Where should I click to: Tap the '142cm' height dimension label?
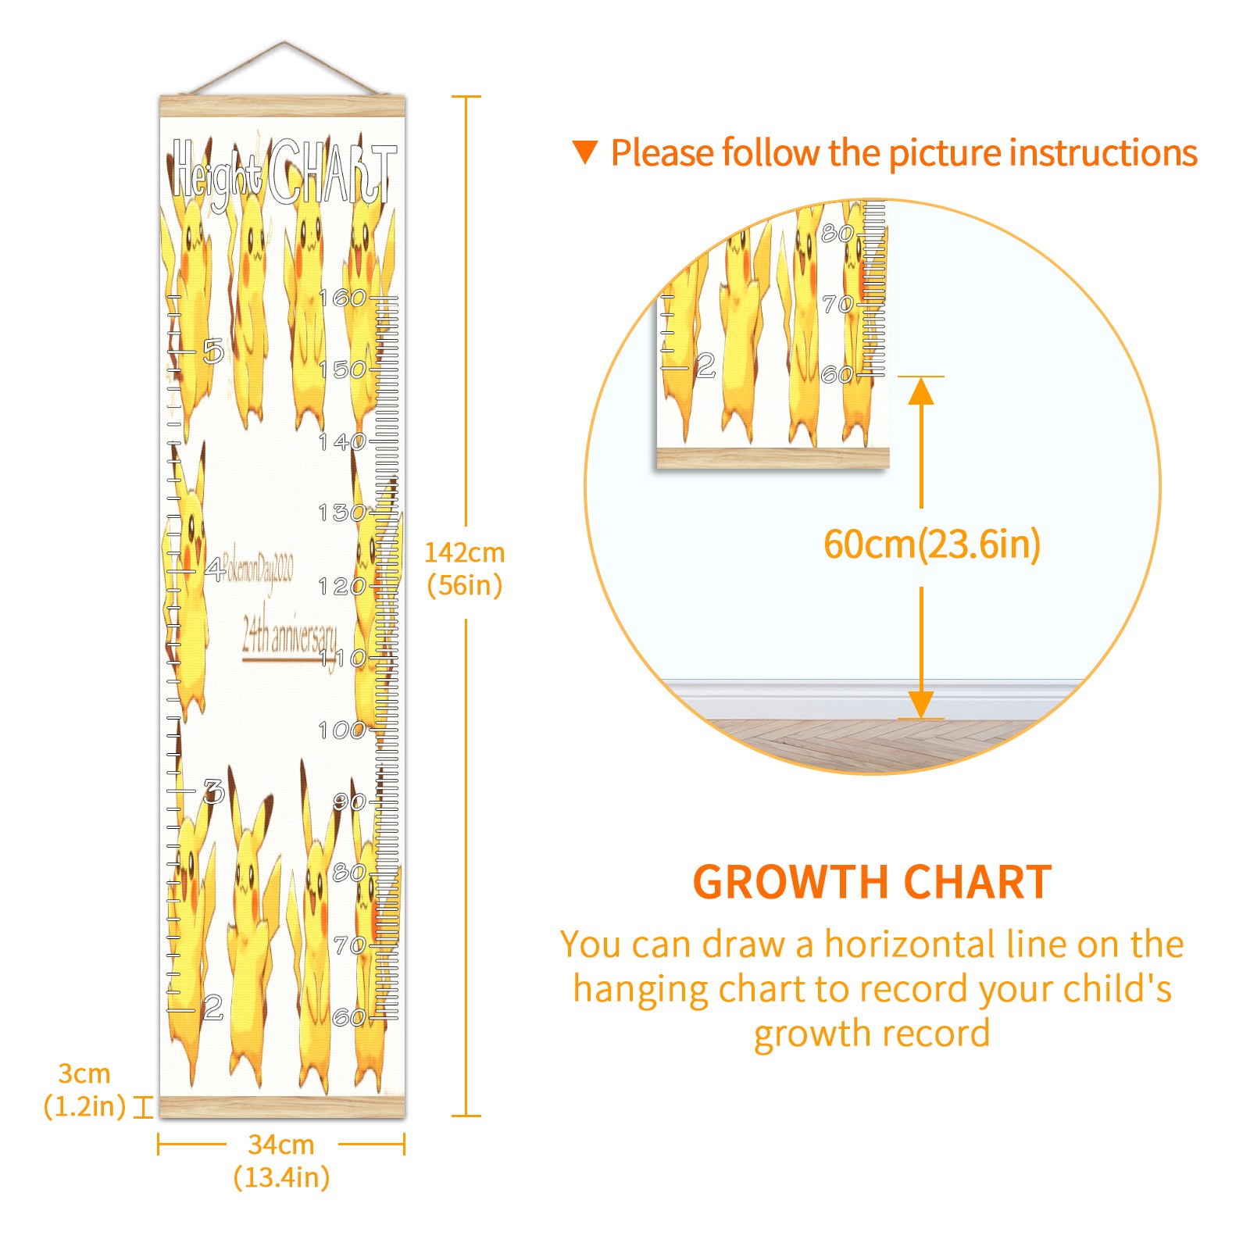[464, 553]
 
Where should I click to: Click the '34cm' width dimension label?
[281, 1145]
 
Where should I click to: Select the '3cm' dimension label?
[84, 1073]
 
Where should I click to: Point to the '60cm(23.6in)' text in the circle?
[932, 544]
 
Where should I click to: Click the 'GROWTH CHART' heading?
[872, 883]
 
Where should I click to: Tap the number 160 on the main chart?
[342, 298]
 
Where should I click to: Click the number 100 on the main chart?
[341, 730]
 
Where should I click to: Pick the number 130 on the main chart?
[341, 513]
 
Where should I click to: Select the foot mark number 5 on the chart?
[213, 352]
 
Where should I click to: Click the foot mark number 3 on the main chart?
[213, 791]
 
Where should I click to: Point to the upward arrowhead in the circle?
[921, 391]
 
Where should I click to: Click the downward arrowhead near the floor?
[921, 705]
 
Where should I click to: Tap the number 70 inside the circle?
[837, 304]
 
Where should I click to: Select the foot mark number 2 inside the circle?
[705, 365]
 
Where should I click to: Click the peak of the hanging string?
[284, 43]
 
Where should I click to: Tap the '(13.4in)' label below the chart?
[281, 1177]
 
